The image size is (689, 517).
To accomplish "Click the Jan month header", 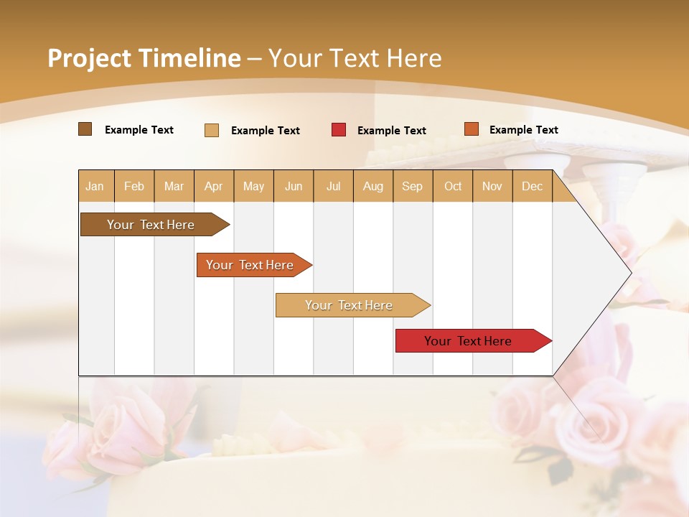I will [x=95, y=187].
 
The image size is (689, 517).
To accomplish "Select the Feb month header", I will [x=134, y=187].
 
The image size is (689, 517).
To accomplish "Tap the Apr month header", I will [x=214, y=187].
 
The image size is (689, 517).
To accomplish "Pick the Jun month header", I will [x=294, y=187].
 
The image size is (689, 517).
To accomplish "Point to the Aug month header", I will [x=372, y=187].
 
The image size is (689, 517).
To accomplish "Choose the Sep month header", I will [x=412, y=187].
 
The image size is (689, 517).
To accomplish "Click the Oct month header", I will [x=453, y=187].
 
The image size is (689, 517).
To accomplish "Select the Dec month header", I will [x=532, y=187].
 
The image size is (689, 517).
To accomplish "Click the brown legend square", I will [x=85, y=129].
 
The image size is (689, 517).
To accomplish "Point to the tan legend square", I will [x=212, y=130].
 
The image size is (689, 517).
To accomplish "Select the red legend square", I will [x=339, y=130].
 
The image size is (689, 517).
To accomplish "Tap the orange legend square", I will [x=471, y=129].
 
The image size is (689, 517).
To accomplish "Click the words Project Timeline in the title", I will [x=144, y=58].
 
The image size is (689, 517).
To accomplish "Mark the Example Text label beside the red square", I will [x=392, y=131].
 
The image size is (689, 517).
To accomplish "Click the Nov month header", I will [x=492, y=187].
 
